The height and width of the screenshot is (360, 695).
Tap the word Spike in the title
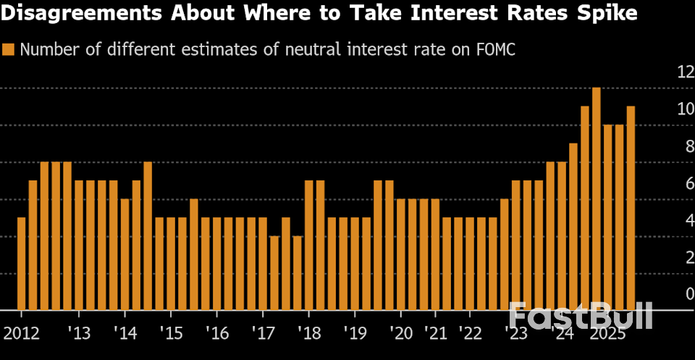[x=607, y=14]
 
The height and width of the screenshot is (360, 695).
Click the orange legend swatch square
[x=9, y=49]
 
